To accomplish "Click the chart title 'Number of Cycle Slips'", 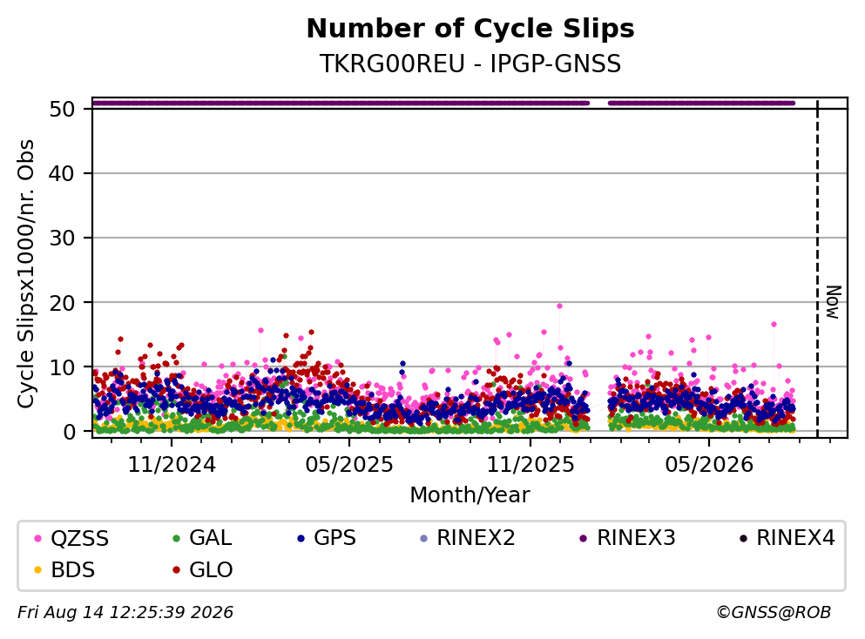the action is (470, 29).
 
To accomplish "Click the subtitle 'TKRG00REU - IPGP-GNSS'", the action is (470, 64).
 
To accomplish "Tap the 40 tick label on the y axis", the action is (62, 173).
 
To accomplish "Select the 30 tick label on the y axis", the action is (62, 239).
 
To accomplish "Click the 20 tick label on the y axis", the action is (62, 303).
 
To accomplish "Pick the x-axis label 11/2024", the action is (172, 465).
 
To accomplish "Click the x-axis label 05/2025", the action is (349, 465).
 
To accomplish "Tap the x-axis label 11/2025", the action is (530, 465).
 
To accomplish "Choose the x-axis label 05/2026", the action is (709, 465).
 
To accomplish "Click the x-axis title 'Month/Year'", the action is (470, 495).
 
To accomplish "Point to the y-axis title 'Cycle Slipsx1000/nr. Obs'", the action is (25, 274).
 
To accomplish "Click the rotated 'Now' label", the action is (834, 302).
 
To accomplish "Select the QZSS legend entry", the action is (71, 538).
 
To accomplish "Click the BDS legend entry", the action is (64, 570).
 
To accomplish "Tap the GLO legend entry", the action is (203, 570).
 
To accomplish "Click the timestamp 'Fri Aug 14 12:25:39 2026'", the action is (125, 613).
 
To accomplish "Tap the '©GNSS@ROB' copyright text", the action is (774, 613).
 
